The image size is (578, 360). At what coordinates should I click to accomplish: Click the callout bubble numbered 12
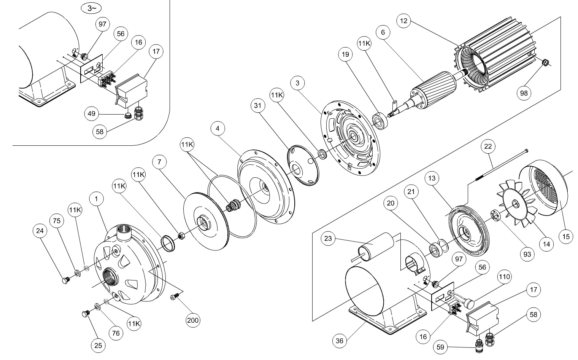(x=404, y=21)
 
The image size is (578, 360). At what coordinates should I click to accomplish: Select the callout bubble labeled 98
(x=524, y=93)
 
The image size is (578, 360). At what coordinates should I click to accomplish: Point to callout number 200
(x=193, y=320)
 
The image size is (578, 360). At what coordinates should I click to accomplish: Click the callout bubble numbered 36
(x=339, y=340)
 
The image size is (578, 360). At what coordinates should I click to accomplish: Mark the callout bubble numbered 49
(x=91, y=114)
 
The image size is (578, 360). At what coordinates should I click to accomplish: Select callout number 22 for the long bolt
(x=488, y=146)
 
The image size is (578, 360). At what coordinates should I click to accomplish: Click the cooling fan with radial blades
(x=516, y=204)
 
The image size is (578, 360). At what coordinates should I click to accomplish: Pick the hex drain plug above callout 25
(x=85, y=314)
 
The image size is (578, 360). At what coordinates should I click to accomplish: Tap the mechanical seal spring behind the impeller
(x=232, y=205)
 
